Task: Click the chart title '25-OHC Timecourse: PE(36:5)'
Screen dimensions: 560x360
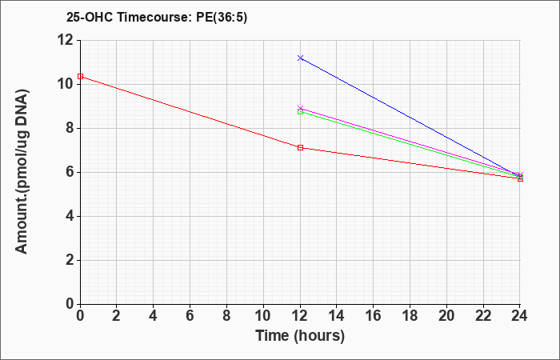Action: (157, 17)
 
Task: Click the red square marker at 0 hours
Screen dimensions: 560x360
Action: (80, 77)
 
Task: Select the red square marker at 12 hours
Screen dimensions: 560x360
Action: (300, 147)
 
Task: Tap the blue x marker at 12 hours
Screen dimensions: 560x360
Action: (300, 58)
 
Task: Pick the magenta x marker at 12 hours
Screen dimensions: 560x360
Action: (300, 108)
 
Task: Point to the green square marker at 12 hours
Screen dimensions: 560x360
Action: (300, 112)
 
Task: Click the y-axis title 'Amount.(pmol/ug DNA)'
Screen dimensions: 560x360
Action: (22, 171)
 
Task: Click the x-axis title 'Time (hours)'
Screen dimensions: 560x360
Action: (300, 336)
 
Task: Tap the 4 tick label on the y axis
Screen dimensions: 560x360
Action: (70, 217)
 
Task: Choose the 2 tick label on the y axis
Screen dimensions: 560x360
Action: (70, 260)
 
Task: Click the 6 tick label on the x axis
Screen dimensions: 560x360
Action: (190, 316)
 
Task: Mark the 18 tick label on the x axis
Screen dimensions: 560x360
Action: (410, 316)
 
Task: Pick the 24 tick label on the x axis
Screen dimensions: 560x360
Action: (519, 316)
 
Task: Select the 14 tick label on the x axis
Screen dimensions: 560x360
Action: (337, 316)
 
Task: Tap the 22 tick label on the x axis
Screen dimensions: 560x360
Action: (483, 316)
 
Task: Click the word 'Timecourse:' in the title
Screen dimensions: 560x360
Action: (155, 17)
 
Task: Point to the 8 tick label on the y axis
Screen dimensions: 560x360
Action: (70, 128)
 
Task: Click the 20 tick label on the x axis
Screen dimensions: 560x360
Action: (446, 316)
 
